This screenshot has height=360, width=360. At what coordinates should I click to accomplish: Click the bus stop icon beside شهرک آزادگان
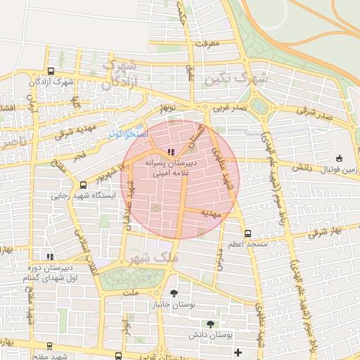(x=51, y=71)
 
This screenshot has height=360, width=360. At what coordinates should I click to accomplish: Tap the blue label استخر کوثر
(x=127, y=133)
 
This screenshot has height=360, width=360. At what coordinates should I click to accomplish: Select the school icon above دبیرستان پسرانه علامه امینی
(x=171, y=151)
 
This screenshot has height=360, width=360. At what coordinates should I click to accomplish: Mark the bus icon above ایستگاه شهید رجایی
(x=84, y=185)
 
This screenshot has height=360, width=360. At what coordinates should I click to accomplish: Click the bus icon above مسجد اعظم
(x=247, y=233)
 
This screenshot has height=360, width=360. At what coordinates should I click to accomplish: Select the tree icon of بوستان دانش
(x=210, y=324)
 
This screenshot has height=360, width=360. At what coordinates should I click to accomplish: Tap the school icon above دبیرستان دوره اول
(x=49, y=257)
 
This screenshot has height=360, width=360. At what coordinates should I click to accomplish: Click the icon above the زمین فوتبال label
(x=340, y=158)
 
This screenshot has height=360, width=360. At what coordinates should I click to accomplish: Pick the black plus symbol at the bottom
(x=238, y=352)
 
